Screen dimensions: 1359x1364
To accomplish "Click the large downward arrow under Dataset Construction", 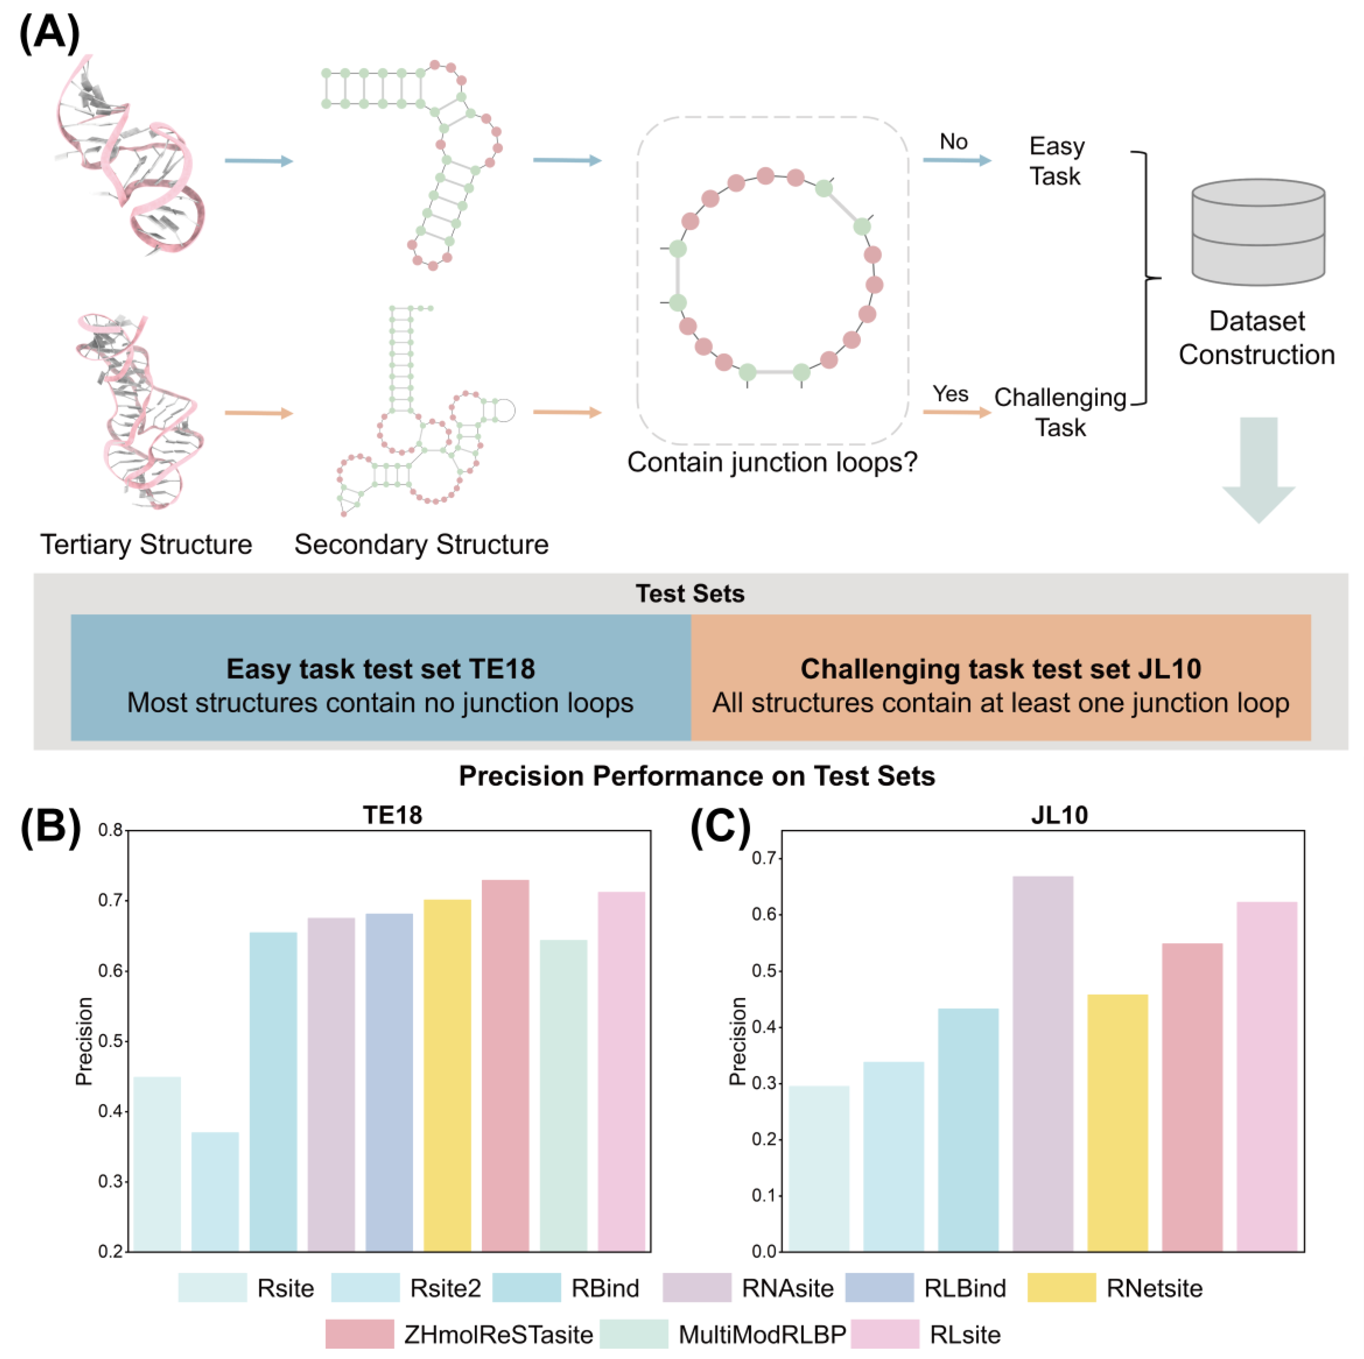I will pos(1258,469).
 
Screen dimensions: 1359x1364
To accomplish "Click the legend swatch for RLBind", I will pos(879,1288).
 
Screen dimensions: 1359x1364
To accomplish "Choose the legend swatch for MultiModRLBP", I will pos(633,1334).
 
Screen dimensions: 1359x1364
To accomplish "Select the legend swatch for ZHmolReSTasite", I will pos(360,1334).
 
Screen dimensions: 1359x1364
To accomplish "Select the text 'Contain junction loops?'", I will pos(771,462).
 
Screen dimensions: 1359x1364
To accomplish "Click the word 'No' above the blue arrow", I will pos(953,142).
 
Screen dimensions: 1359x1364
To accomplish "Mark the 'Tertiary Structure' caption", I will pos(146,544).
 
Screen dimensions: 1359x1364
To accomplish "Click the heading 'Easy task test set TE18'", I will pos(381,668).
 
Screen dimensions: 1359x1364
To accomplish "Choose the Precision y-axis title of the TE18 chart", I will pos(84,1041).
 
